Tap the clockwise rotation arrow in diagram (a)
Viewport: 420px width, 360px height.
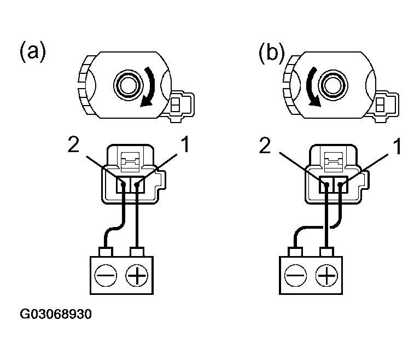[149, 88]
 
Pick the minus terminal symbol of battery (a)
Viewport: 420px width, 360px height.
[106, 274]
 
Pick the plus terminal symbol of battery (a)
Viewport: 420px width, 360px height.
[137, 274]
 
